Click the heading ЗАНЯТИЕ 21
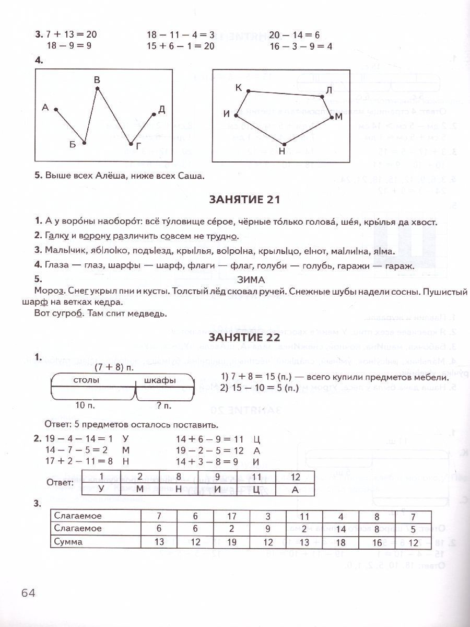coord(245,200)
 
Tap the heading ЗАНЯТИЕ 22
coord(245,338)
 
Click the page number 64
coord(28,593)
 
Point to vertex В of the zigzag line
coord(98,89)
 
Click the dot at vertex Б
coord(84,143)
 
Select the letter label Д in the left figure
coord(161,109)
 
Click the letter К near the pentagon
coord(239,88)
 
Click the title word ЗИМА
coord(251,280)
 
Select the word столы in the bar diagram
coord(86,380)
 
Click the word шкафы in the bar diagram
coord(159,380)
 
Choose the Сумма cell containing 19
coord(232,542)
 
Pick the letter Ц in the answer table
coord(256,489)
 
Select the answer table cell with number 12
coord(295,477)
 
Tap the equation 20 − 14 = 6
coord(295,36)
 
